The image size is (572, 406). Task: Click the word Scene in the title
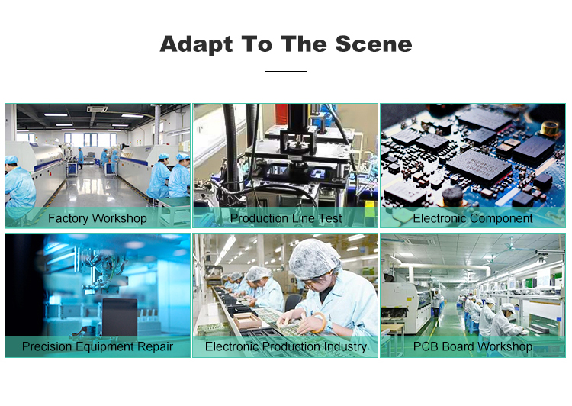[374, 43]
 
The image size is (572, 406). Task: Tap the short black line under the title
[286, 71]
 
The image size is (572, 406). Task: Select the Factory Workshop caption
[97, 218]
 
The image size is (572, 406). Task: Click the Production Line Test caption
[286, 218]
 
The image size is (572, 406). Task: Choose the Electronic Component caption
[473, 218]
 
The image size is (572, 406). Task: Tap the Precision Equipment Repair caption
[97, 347]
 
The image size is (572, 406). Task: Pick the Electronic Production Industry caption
[286, 347]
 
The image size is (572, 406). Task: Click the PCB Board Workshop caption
[473, 347]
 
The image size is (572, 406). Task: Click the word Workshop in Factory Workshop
[119, 218]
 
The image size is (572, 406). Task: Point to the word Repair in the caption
[153, 347]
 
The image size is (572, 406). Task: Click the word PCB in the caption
[426, 347]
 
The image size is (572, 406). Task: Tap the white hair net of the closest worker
[314, 259]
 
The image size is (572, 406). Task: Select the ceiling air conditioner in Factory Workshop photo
[97, 110]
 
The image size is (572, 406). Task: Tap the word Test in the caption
[329, 218]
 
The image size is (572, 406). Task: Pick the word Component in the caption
[502, 218]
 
